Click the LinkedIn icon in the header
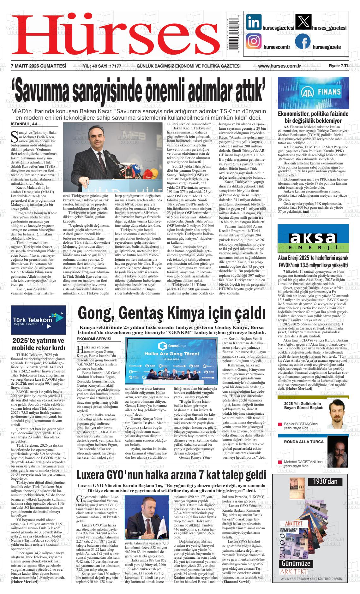(x=254, y=22)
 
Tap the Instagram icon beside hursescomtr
(x=254, y=42)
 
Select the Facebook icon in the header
(x=303, y=42)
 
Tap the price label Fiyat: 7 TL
(x=338, y=66)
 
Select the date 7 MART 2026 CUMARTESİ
(x=39, y=66)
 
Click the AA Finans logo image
(x=313, y=92)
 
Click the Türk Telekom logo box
(x=38, y=320)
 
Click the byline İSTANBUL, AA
(x=24, y=124)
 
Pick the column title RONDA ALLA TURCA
(x=299, y=442)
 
